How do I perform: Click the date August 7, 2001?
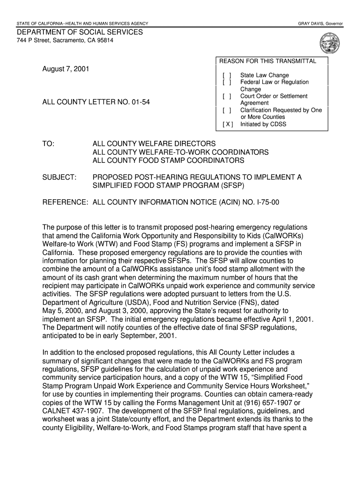coord(65,69)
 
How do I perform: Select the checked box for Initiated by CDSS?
coord(227,124)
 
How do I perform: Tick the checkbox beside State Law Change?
coord(227,75)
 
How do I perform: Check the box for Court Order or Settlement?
coord(227,96)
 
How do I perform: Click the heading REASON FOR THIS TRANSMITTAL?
coord(268,61)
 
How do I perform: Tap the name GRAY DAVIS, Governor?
coord(320,23)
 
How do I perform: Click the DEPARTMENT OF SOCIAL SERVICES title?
coord(80,32)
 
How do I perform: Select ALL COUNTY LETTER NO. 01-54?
coord(96,101)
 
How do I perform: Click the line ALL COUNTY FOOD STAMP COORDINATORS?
coord(168,160)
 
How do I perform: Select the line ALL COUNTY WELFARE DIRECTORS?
coord(154,144)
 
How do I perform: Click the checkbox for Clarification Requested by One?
coord(227,110)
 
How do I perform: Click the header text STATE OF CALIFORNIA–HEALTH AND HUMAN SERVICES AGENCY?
coord(82,23)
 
